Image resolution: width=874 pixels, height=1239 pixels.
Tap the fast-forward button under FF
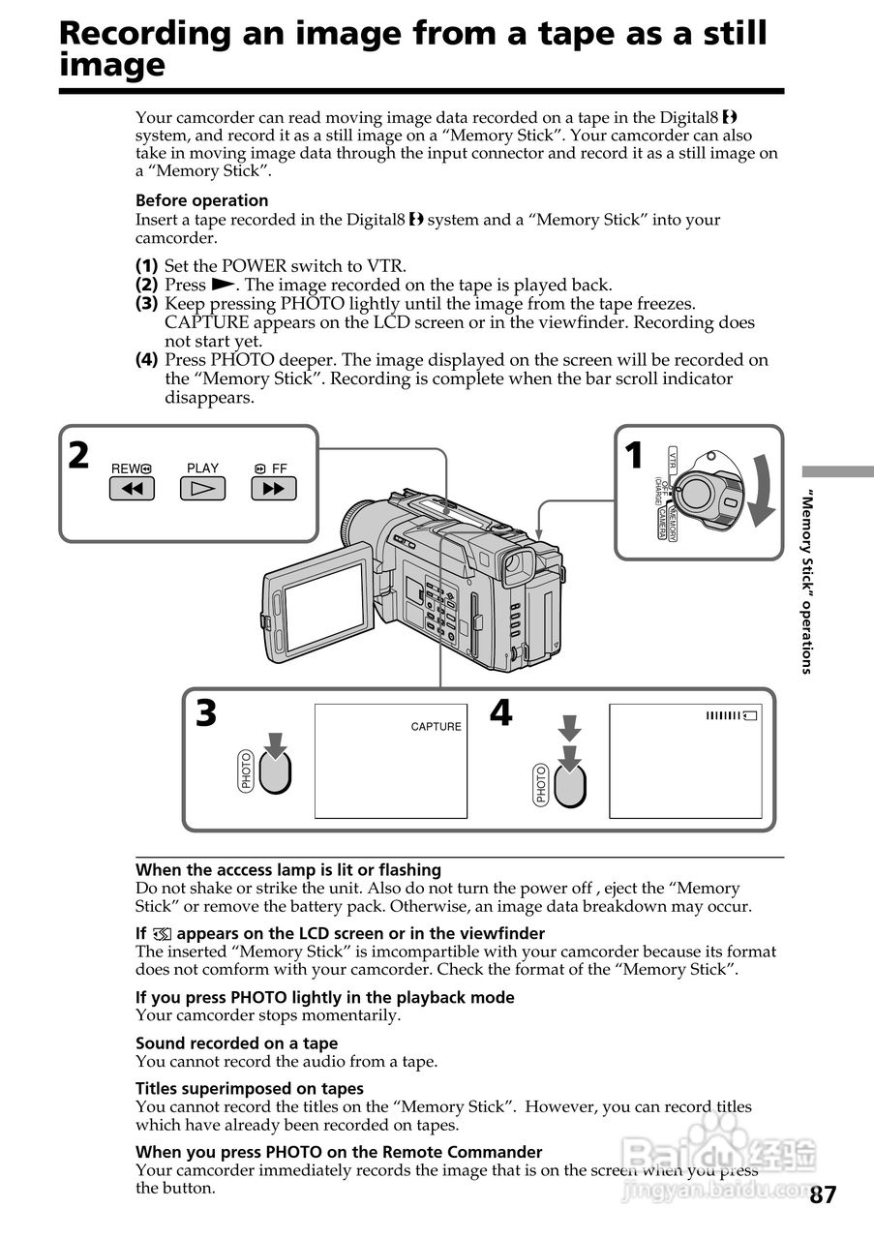tap(273, 489)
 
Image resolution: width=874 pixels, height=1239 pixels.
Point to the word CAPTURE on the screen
tap(437, 727)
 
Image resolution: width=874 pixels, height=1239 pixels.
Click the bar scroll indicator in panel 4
tap(733, 715)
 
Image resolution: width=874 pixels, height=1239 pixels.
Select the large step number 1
tap(634, 455)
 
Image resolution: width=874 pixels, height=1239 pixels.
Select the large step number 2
tap(79, 455)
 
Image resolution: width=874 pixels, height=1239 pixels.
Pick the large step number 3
tap(206, 714)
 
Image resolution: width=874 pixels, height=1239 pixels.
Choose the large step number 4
tap(500, 713)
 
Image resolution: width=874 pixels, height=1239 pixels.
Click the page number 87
tap(822, 1194)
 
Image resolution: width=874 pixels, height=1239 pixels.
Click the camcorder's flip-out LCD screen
tap(323, 605)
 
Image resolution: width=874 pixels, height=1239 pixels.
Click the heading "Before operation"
tap(201, 200)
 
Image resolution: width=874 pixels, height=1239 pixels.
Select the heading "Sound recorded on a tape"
tap(236, 1043)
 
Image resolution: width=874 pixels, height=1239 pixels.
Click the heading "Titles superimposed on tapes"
tap(249, 1088)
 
